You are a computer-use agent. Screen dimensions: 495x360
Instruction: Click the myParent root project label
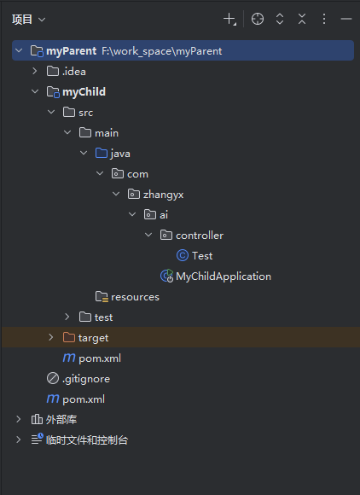click(x=72, y=50)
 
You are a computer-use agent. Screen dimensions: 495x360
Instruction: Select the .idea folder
click(x=73, y=71)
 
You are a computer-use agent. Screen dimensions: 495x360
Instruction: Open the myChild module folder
click(x=84, y=91)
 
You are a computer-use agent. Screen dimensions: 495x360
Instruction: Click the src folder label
click(x=85, y=112)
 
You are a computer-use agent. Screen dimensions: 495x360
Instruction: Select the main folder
click(x=107, y=132)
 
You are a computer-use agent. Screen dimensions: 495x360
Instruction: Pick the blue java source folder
click(x=119, y=153)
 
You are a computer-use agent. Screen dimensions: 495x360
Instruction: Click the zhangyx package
click(x=163, y=194)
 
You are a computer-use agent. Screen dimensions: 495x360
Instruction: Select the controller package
click(x=199, y=235)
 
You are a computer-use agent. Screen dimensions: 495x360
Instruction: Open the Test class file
click(x=202, y=255)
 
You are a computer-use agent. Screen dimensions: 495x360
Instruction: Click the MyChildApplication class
click(x=223, y=276)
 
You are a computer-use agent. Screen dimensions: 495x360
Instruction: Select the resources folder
click(x=135, y=296)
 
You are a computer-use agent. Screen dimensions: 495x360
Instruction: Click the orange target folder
click(x=93, y=337)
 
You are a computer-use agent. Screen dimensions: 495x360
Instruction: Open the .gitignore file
click(x=85, y=378)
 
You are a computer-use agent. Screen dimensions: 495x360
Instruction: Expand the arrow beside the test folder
click(x=67, y=317)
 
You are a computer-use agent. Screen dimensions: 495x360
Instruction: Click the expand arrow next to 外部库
click(x=19, y=419)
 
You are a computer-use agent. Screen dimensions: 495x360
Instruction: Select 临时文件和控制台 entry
click(x=86, y=440)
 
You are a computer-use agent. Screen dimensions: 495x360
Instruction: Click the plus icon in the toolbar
click(x=229, y=19)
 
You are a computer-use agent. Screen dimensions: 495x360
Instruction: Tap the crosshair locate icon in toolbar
click(x=258, y=19)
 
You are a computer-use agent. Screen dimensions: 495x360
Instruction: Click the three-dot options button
click(x=324, y=19)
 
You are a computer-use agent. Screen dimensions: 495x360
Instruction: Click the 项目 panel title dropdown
click(x=29, y=19)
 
